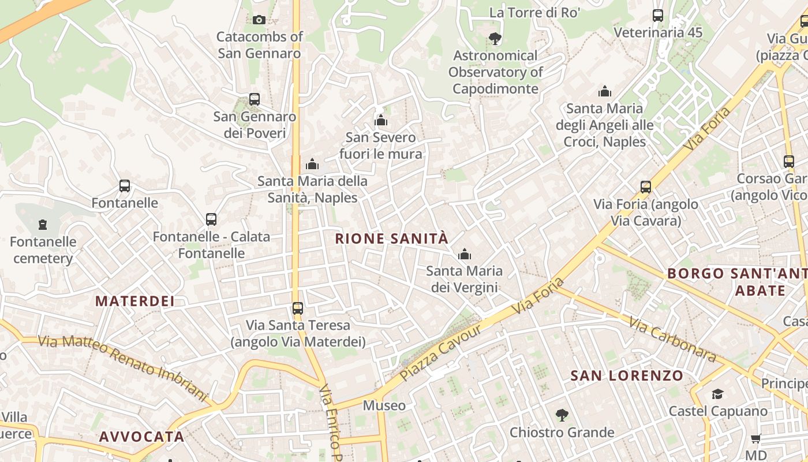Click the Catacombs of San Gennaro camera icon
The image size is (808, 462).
tap(259, 20)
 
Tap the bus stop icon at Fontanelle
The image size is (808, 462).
tap(125, 186)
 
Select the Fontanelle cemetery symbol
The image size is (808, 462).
tap(42, 224)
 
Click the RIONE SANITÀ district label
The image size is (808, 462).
tap(391, 239)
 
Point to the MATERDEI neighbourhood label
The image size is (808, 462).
tap(135, 301)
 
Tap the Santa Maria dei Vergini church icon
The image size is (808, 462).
tap(465, 254)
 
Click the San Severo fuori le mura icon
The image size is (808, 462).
tap(381, 120)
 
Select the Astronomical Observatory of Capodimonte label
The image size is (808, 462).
tap(495, 72)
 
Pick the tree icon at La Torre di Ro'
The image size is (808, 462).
tap(495, 39)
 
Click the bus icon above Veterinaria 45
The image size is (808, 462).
tap(658, 16)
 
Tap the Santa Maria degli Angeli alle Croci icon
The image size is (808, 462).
tap(605, 91)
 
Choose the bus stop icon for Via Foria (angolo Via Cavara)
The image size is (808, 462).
tap(646, 187)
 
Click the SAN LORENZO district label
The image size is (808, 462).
tap(627, 376)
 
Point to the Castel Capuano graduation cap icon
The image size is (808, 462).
tap(717, 394)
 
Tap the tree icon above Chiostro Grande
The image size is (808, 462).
tap(562, 415)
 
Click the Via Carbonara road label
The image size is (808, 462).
tap(672, 340)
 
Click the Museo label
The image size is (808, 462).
tap(384, 405)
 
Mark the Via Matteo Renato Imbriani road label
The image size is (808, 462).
tap(122, 367)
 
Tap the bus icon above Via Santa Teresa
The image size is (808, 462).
tap(298, 308)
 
